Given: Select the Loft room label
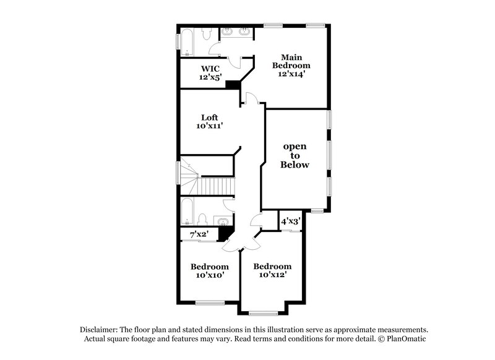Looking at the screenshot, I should coord(210,121).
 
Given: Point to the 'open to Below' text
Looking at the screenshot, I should coord(295,156).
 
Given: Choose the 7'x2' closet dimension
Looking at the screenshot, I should coord(199,234).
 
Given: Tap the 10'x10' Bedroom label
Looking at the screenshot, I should coord(209,270).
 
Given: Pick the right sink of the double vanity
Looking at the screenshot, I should coord(244,31).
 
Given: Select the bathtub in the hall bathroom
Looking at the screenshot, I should coord(187,212).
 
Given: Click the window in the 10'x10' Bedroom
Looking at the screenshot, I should coord(209,302).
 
